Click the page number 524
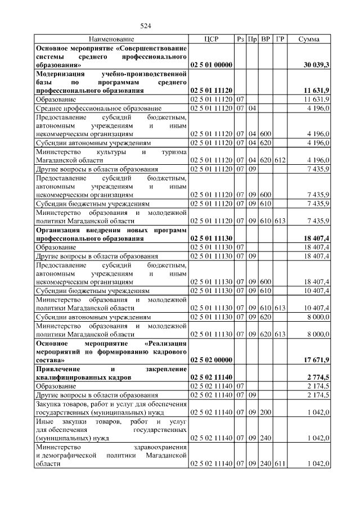tap(146, 26)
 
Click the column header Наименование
tap(111, 39)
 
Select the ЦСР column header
tap(211, 39)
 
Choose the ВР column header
tap(265, 39)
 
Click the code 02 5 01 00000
tap(211, 65)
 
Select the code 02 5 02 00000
tap(211, 359)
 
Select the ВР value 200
tap(265, 412)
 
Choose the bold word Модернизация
tap(60, 74)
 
